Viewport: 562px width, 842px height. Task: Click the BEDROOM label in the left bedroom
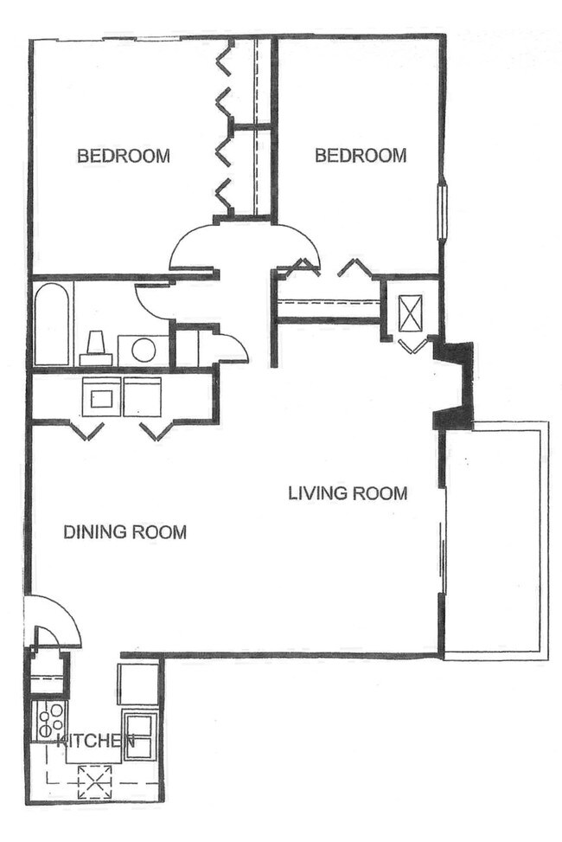tap(123, 157)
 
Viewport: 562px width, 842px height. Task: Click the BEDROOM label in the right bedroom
tap(360, 156)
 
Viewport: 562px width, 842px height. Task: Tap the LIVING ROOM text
tap(347, 494)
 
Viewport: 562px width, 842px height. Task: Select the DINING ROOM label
tap(125, 532)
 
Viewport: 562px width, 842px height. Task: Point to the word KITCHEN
tap(95, 742)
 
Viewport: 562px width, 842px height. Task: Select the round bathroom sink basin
tap(143, 350)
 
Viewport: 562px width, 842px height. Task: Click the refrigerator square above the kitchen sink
tap(137, 684)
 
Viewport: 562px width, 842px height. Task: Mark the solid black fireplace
tap(457, 385)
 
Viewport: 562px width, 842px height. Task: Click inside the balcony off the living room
tap(495, 541)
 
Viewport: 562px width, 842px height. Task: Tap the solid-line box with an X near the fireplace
tap(411, 312)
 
